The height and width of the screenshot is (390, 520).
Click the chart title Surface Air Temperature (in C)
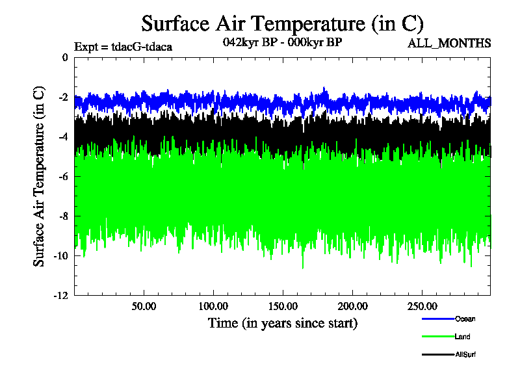coord(283,24)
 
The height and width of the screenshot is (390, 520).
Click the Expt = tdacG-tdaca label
coord(123,47)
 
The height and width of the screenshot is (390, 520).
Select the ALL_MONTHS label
coord(449,44)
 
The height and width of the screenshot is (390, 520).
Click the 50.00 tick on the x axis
coord(144,305)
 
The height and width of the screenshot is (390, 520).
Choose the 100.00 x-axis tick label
coord(213,305)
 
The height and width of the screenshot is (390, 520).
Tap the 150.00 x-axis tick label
coord(283,305)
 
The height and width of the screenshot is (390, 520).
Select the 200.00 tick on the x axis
coord(352,305)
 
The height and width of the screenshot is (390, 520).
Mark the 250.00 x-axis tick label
coord(422,305)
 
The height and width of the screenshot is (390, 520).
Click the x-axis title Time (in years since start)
coord(283,323)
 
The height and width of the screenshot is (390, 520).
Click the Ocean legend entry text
coord(466,318)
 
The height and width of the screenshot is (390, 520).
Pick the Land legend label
coord(463,337)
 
